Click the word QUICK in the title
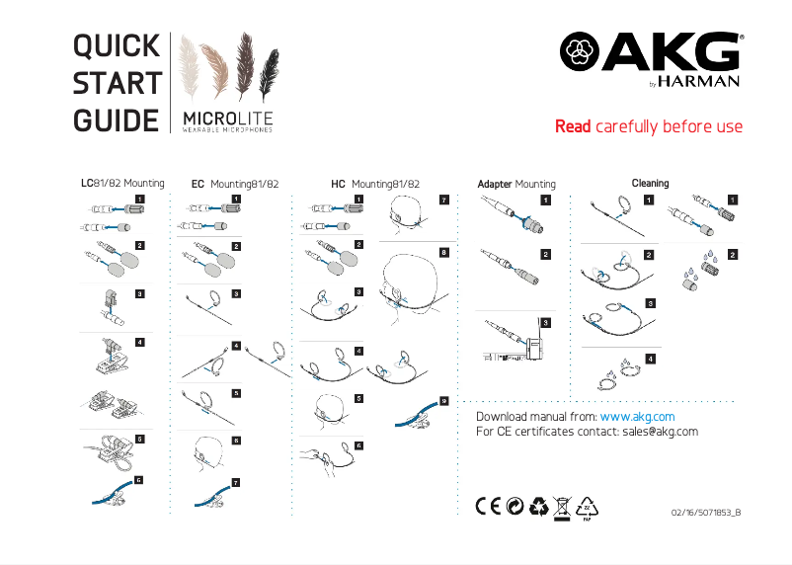(x=117, y=45)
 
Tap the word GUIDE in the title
(x=117, y=121)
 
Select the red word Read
(x=573, y=127)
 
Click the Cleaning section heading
(x=650, y=183)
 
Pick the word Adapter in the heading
(x=495, y=185)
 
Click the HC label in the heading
(x=338, y=185)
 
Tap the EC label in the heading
(x=198, y=185)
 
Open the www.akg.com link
(x=637, y=417)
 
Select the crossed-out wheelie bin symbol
(x=562, y=506)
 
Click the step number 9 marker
(x=443, y=400)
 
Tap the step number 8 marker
(x=443, y=252)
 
